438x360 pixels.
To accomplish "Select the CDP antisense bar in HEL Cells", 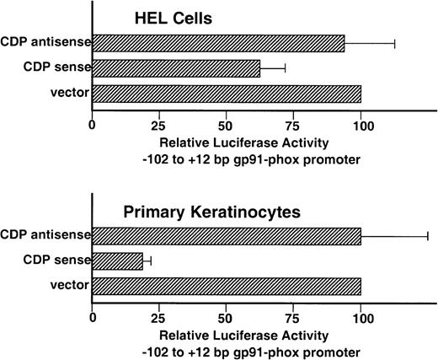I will coord(218,43).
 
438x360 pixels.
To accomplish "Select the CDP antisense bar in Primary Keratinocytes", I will coord(227,237).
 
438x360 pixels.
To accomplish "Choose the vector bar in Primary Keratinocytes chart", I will coord(227,287).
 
